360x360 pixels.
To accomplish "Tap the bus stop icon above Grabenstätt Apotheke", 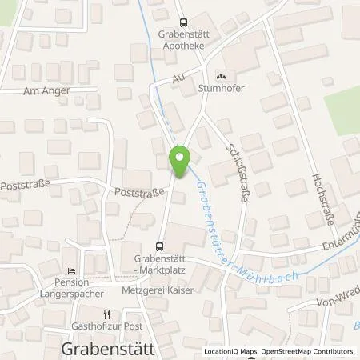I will [x=183, y=23].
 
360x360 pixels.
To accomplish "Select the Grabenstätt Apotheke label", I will [x=183, y=41].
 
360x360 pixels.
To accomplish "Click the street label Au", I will [x=178, y=80].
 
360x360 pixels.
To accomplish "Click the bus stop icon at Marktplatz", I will [x=158, y=246].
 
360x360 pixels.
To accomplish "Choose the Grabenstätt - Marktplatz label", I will [x=160, y=264].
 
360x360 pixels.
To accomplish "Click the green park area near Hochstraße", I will [x=342, y=108].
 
